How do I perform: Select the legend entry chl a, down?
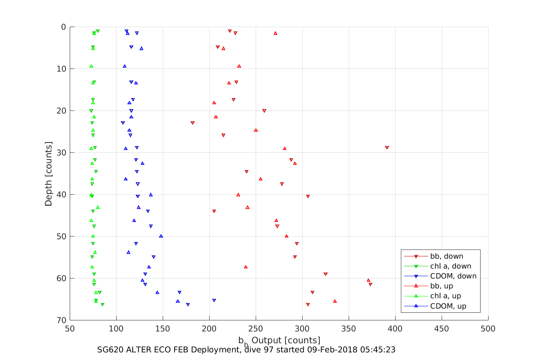450,266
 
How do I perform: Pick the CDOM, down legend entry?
453,276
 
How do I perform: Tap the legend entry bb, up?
441,286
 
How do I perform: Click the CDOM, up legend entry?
448,306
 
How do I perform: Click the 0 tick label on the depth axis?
64,27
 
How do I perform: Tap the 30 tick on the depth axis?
61,153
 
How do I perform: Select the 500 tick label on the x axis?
488,329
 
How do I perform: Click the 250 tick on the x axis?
256,329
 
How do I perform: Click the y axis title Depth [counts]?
49,174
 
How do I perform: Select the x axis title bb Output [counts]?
279,340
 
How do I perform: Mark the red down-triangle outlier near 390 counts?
387,148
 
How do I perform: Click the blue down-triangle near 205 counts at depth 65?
214,301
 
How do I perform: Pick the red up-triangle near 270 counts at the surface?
276,33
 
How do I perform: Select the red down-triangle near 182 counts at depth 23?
192,123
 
